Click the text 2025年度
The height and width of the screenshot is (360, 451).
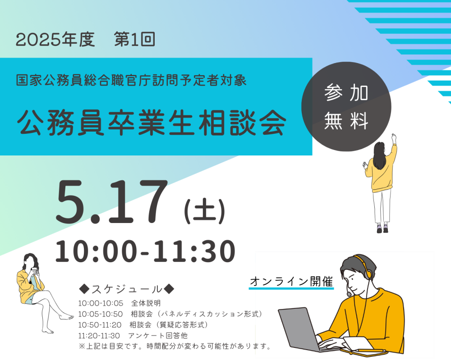[55, 39]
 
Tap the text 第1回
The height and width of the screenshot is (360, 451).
[134, 39]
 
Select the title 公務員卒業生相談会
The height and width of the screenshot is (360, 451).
[152, 123]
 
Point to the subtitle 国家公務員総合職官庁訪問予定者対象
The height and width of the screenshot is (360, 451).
[131, 80]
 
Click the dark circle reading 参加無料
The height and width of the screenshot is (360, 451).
[346, 107]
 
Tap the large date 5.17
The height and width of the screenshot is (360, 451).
[111, 201]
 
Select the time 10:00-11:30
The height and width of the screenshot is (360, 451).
[145, 251]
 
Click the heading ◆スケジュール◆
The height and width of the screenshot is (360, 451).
[126, 289]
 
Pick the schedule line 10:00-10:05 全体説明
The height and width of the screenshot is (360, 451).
[120, 303]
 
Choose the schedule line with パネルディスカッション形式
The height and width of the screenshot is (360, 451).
[170, 314]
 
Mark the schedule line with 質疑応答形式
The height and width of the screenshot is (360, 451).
[143, 325]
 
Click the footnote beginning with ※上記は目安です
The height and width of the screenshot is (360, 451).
[175, 346]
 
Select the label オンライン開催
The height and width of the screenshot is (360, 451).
[291, 281]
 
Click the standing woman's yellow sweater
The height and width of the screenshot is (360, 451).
[381, 171]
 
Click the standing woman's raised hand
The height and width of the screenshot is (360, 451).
[394, 137]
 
